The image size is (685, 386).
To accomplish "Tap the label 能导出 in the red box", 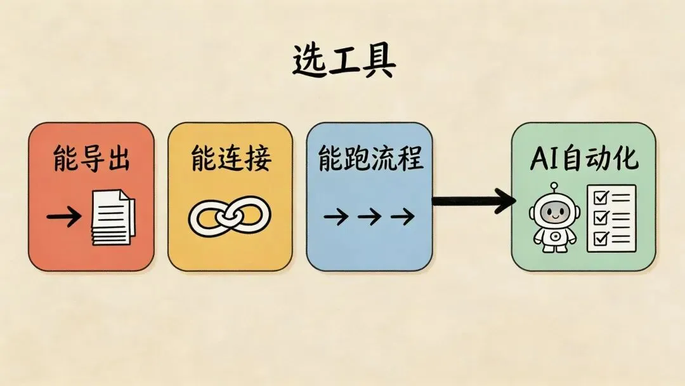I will tap(91, 159).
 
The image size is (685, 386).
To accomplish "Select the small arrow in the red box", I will tap(64, 218).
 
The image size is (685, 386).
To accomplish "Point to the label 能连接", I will tap(230, 159).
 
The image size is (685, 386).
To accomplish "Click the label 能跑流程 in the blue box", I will tap(370, 159).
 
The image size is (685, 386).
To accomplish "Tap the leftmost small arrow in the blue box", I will tap(336, 218).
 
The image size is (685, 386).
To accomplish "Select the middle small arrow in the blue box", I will tap(369, 218).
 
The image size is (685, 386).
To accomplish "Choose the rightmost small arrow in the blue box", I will tap(402, 218).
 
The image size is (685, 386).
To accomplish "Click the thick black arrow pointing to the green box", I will tap(473, 202).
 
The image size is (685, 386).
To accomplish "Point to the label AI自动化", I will tap(584, 159).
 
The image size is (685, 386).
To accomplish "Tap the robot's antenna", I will tap(554, 188).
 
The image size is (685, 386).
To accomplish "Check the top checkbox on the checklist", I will tap(599, 198).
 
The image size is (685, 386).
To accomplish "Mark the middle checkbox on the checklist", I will tap(599, 218).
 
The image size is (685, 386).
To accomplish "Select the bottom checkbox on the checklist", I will tap(599, 238).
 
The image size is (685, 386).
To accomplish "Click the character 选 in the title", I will tap(310, 62).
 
